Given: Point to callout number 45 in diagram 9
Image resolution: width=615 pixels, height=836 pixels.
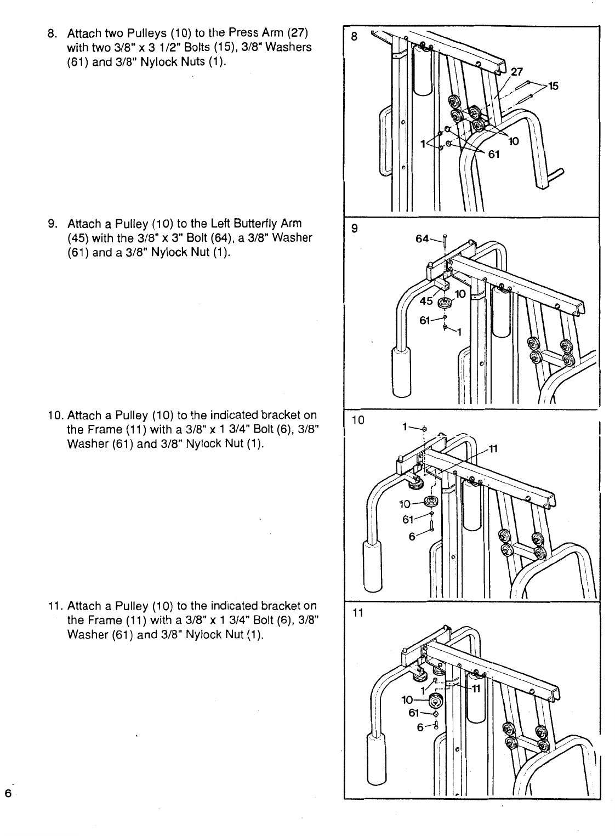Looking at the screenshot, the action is point(426,300).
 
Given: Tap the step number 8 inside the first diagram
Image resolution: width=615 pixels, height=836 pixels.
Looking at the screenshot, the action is point(355,37).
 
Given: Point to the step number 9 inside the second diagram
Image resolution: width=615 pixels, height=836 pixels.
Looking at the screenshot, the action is point(355,230).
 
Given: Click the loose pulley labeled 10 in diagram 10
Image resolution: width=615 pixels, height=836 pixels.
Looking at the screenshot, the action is point(431,502).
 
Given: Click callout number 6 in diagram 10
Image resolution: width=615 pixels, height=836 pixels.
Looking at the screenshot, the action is point(412,537).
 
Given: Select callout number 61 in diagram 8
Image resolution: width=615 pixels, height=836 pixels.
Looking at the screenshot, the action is point(494,154).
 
